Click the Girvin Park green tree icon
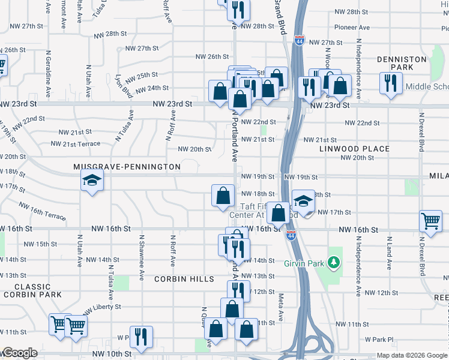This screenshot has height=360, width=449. pyautogui.click(x=336, y=263)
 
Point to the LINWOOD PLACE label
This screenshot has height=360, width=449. pyautogui.click(x=354, y=148)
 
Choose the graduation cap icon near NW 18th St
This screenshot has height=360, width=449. pyautogui.click(x=304, y=200)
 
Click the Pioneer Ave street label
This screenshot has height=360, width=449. pyautogui.click(x=352, y=27)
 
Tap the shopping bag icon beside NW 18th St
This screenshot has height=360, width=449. pyautogui.click(x=223, y=194)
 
